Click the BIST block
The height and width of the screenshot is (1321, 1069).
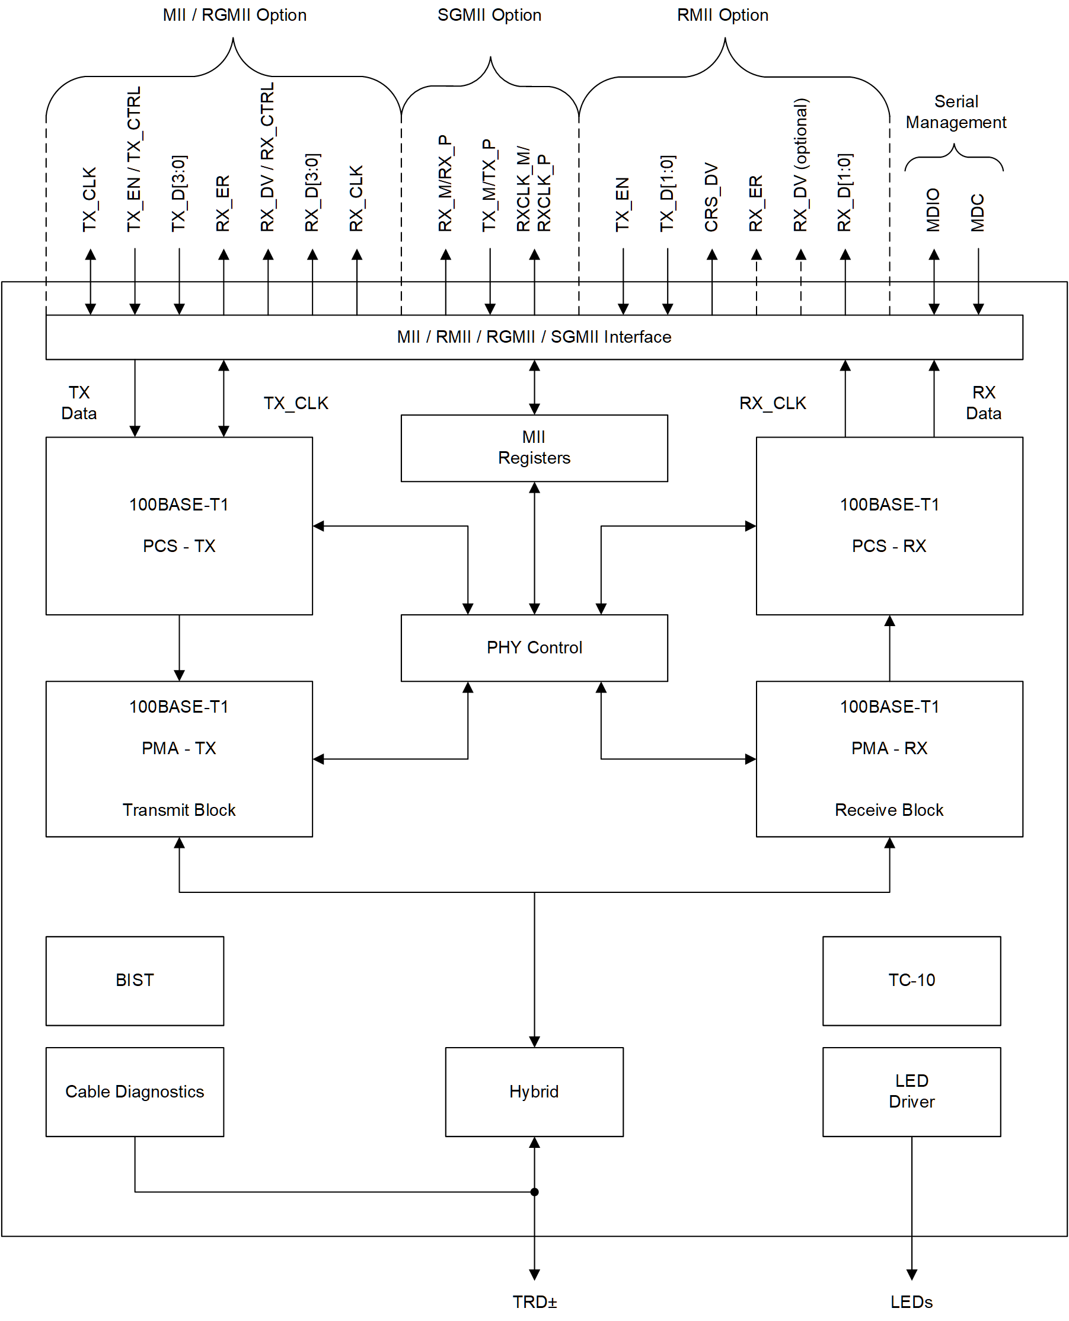(134, 980)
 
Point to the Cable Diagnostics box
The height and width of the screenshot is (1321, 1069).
(134, 1092)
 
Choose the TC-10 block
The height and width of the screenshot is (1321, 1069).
(911, 980)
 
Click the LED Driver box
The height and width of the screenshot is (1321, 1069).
(911, 1092)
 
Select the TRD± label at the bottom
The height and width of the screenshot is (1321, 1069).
(535, 1302)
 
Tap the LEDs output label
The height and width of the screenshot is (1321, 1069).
(911, 1302)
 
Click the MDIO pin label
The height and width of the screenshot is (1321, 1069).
(934, 210)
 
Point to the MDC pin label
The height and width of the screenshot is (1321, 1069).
(978, 212)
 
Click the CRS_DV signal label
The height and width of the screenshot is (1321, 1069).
(711, 197)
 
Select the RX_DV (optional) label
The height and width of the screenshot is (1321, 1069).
(800, 165)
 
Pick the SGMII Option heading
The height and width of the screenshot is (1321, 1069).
(489, 15)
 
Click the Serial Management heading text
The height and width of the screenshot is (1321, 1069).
(956, 111)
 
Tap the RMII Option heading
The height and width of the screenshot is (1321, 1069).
(722, 15)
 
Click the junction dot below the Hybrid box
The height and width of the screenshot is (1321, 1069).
(535, 1192)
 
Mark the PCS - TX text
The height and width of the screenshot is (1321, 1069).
(179, 545)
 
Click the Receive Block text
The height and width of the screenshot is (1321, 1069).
(889, 809)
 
